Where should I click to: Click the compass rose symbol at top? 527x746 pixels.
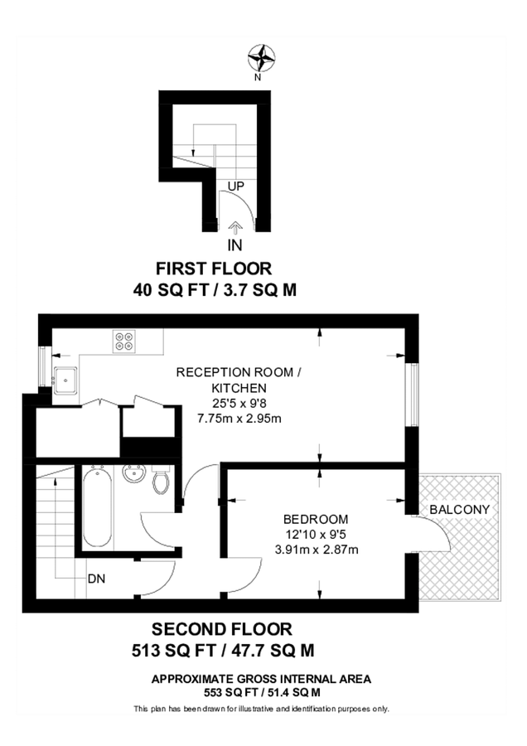pos(261,58)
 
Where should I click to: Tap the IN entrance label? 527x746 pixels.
pos(235,245)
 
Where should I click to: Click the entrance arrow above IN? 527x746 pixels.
pos(235,226)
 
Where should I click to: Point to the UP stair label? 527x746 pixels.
pos(235,186)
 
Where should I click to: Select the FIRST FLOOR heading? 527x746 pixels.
pos(214,269)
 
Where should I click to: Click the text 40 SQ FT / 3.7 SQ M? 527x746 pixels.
pos(214,290)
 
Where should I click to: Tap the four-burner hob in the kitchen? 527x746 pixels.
pos(125,342)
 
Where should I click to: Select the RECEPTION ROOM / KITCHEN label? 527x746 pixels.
pos(234,380)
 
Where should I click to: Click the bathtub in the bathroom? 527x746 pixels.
pos(95,506)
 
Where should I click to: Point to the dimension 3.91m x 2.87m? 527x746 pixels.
pos(317,549)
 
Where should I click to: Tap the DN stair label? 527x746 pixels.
pos(97,578)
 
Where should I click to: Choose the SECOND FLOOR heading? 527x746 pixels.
pos(221,629)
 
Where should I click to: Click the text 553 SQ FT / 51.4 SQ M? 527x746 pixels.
pos(261,692)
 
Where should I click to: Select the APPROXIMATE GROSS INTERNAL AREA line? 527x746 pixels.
pos(261,679)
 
